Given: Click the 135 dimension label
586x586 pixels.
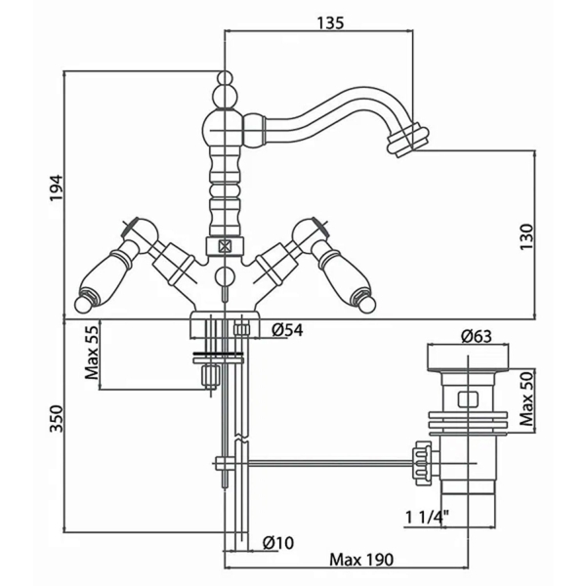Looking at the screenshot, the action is pos(330,22).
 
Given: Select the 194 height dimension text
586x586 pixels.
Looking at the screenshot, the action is pos(57,188).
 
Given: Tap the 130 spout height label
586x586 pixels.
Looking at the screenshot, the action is pos(526,237).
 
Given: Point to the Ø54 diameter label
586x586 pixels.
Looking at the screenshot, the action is pos(287,330).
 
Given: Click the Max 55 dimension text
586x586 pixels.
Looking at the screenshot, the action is pos(92,353).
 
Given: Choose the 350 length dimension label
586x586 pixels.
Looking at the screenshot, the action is pos(57,419).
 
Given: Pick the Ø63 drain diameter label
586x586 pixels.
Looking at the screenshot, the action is pos(477,336).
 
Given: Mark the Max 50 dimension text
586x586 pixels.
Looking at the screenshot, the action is pos(526,398).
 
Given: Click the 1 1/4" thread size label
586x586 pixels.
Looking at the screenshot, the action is pos(427,518).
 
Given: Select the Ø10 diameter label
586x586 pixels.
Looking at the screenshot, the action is pos(278,543).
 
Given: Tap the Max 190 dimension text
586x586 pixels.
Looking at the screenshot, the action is pos(361,560).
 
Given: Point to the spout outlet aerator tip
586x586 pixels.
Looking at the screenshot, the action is pos(407,141).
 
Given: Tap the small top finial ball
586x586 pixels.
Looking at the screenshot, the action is pos(225,78).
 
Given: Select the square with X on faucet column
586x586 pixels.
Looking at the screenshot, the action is pos(225,246).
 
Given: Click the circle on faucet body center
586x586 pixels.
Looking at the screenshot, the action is pos(225,276).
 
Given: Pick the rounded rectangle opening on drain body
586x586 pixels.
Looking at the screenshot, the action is pos(468,398).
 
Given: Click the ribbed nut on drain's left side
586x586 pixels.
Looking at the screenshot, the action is pos(421,463).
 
